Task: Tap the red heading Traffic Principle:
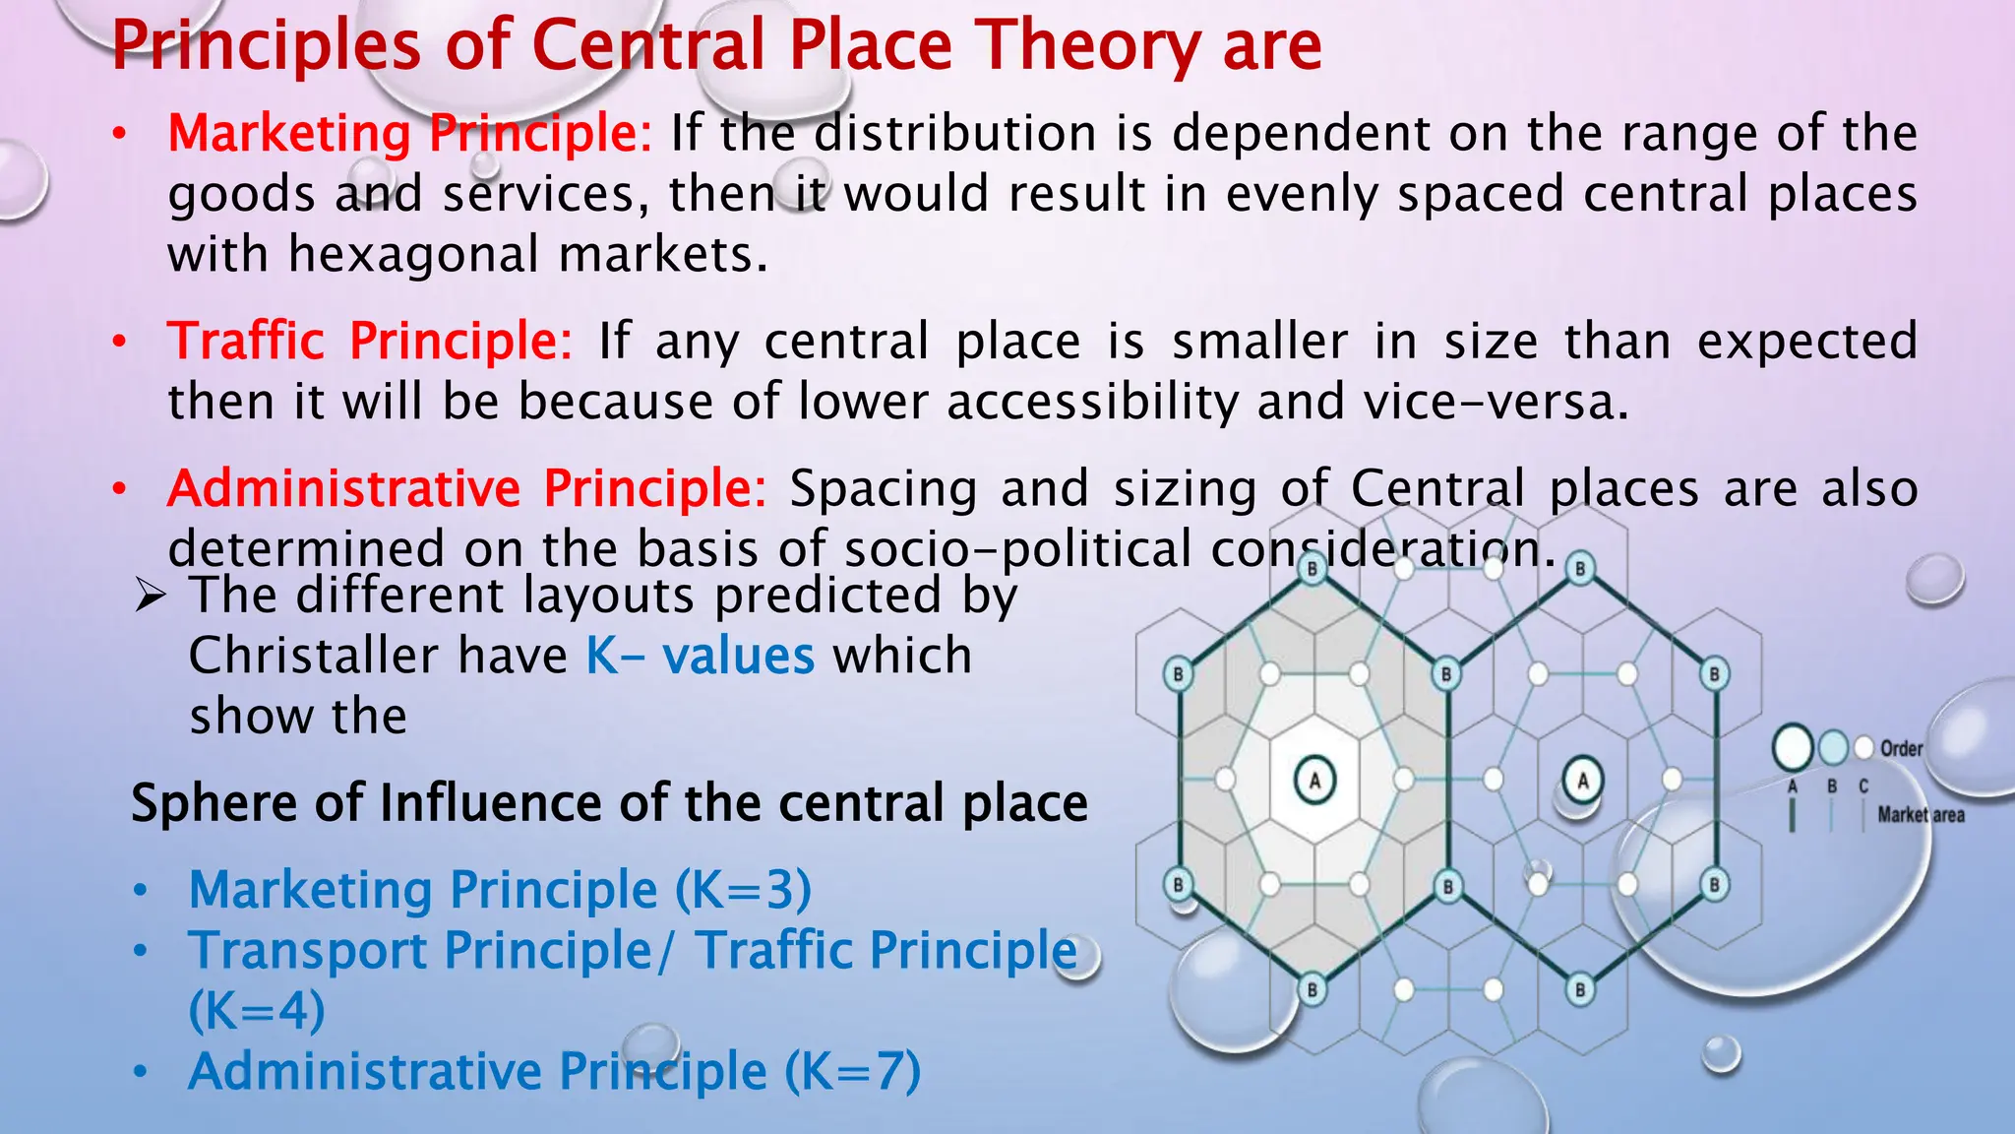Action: coord(369,341)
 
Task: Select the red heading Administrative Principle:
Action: coord(466,488)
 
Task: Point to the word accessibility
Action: coord(1092,402)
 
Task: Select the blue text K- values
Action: coord(700,656)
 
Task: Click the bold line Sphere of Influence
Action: coord(609,802)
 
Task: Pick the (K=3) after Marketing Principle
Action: coord(743,890)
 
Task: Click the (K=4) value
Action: coord(257,1011)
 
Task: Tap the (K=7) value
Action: coord(852,1071)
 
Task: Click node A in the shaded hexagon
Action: coord(1314,780)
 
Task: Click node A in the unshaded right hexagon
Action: coord(1582,781)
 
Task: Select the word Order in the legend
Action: coord(1901,748)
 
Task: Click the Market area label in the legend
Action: coord(1921,815)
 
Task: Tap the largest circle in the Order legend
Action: coord(1793,748)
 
